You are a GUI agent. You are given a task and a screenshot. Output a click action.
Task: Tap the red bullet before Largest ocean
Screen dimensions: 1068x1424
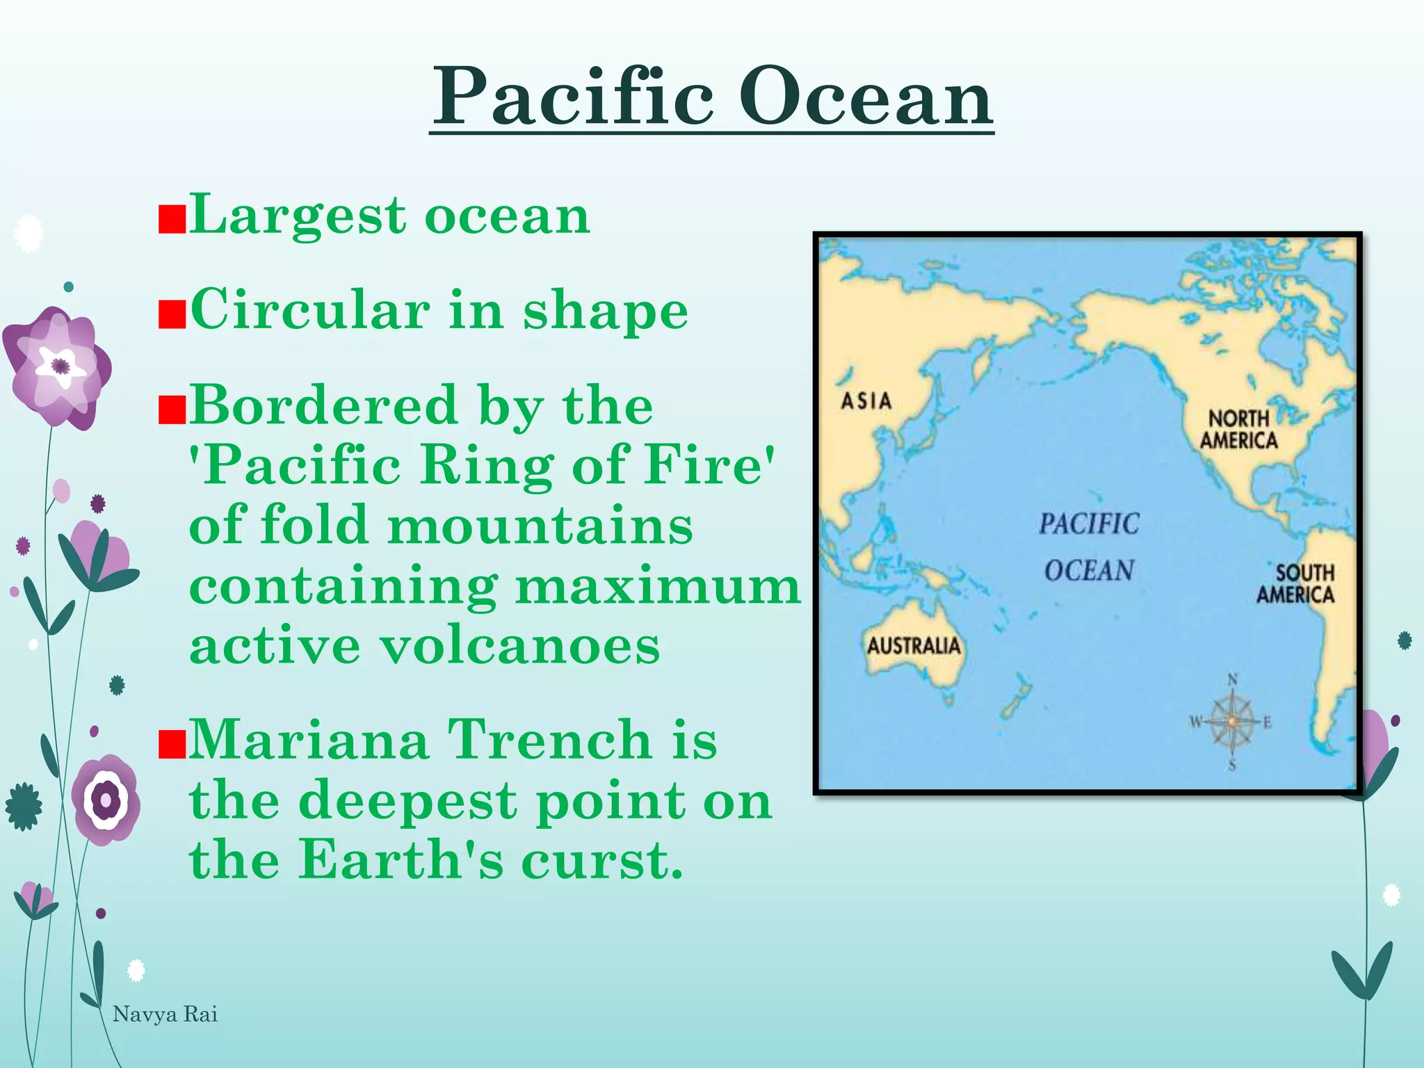pyautogui.click(x=172, y=219)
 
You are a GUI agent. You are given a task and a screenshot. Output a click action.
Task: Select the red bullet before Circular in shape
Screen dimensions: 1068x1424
pyautogui.click(x=172, y=314)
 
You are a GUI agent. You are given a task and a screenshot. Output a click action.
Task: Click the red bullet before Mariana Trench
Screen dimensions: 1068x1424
pyautogui.click(x=172, y=745)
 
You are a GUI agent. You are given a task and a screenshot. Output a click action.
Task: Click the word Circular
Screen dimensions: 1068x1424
pyautogui.click(x=310, y=310)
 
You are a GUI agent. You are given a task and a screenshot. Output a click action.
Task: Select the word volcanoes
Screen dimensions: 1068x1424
pyautogui.click(x=519, y=646)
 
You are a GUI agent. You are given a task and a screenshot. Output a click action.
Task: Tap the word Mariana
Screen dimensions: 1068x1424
pyautogui.click(x=309, y=740)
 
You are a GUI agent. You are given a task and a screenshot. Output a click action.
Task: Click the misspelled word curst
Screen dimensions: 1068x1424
pyautogui.click(x=602, y=859)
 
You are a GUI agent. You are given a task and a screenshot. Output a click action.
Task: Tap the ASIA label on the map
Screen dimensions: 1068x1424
pyautogui.click(x=866, y=401)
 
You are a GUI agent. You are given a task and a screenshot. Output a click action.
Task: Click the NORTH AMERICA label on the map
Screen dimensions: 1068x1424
pyautogui.click(x=1238, y=430)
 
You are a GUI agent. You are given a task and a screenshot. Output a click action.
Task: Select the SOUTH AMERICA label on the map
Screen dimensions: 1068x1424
pyautogui.click(x=1295, y=584)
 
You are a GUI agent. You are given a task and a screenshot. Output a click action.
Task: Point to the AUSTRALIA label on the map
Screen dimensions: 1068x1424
pyautogui.click(x=914, y=646)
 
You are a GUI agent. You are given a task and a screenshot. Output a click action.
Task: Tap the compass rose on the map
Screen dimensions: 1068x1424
pyautogui.click(x=1231, y=722)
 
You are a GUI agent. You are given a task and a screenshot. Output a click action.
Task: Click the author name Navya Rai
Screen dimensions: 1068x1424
pyautogui.click(x=165, y=1014)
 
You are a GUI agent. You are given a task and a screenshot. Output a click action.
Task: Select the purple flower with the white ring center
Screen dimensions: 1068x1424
pyautogui.click(x=106, y=800)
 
